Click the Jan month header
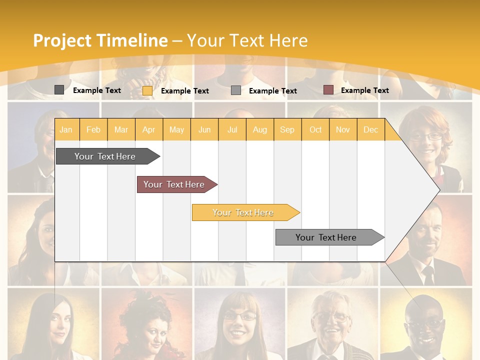coord(66,129)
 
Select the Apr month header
coord(149,129)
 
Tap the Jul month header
coord(232,129)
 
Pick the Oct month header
coord(315,129)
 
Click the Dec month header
coord(370,129)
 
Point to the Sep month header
coord(287,129)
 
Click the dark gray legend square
coord(59,90)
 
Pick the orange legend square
coord(147,90)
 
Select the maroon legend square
coord(328,90)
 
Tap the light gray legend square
coord(236,90)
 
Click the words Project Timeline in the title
coord(100,40)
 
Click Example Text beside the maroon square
coord(364,90)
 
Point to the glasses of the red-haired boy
coord(426,136)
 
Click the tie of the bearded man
coord(428,274)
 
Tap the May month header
coord(176,129)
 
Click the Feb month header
coord(93,129)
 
